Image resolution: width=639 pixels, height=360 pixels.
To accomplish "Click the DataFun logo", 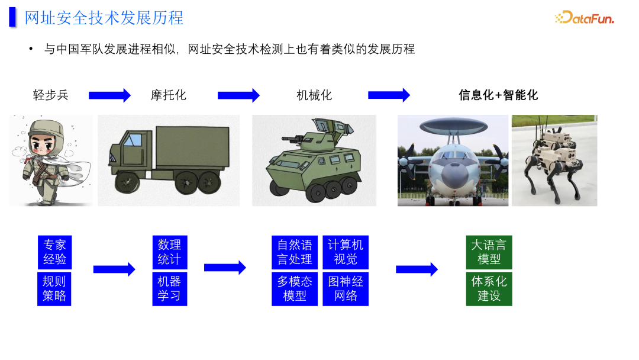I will tap(585, 18).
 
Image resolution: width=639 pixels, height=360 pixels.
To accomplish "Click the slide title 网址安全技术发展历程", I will tap(104, 18).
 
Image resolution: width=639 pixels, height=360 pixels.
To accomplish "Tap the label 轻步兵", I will tap(51, 95).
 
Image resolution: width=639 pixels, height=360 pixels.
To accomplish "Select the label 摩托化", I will tap(169, 95).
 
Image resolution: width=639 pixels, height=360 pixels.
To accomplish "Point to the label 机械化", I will tap(314, 95).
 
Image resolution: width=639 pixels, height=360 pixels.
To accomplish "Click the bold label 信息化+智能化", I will tap(498, 95).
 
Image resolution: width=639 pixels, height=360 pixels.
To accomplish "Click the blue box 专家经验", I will tap(54, 252).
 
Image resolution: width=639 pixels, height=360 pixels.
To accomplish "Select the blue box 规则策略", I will tap(54, 288).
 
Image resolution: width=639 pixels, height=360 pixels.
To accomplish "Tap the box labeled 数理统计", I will tap(169, 252).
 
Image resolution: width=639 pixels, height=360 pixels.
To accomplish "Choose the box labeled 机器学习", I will tap(169, 288).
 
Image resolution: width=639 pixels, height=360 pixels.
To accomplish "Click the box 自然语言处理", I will tap(295, 252).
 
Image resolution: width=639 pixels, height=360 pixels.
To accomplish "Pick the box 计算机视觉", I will tap(346, 252).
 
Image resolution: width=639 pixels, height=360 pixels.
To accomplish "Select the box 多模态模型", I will tap(295, 288).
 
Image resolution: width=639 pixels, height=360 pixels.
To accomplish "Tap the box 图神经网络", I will tap(346, 288).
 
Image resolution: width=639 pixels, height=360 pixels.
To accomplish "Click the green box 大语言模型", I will tap(489, 252).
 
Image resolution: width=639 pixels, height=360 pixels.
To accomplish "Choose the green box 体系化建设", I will tap(489, 288).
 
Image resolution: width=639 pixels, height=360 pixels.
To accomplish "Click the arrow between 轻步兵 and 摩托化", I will tap(109, 95).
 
